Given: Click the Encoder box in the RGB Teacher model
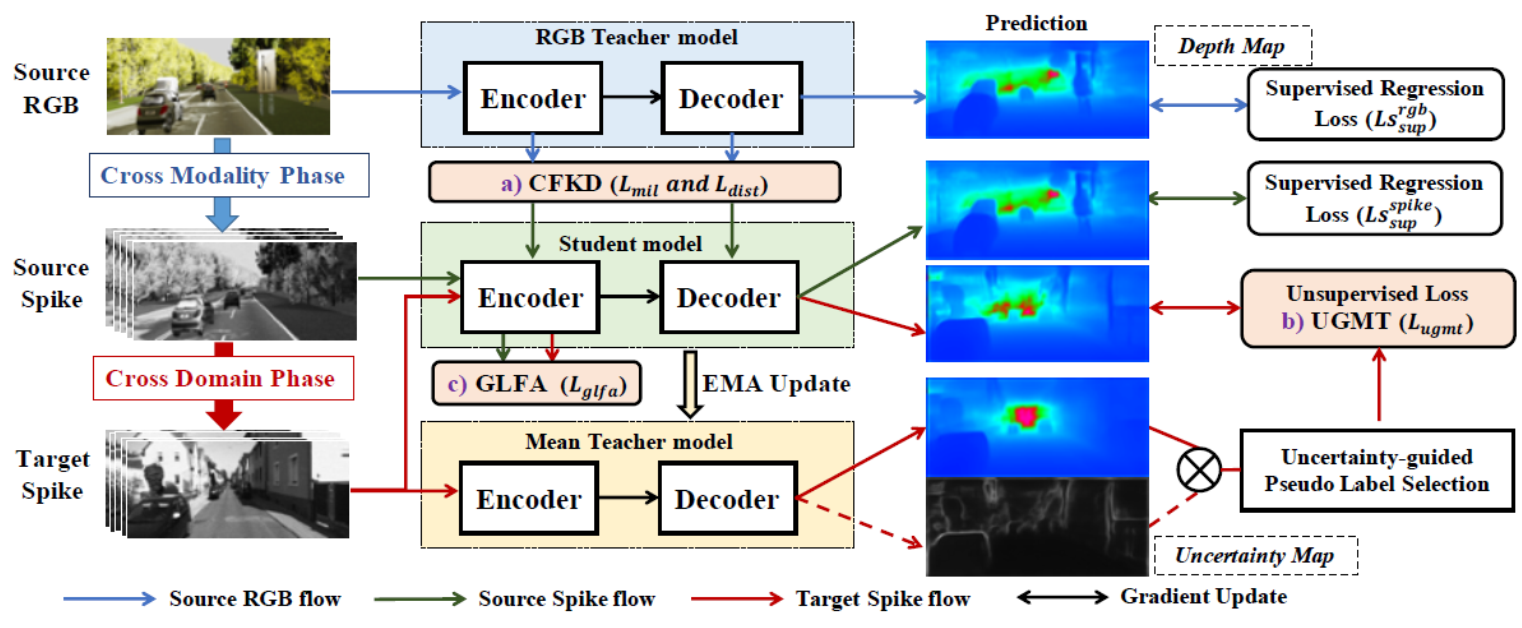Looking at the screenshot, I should coord(533,98).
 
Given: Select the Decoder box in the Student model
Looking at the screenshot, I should coord(729,297).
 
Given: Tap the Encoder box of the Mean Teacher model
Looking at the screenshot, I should coord(529,498).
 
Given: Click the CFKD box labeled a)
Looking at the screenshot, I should coord(634,183).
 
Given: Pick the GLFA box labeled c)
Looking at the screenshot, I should coord(536,384).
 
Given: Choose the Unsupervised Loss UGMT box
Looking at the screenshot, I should coord(1377,308).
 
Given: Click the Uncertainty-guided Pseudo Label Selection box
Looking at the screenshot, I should coord(1377,470).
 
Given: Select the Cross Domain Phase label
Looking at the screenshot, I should coord(223,378).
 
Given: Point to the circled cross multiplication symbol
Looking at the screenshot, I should coord(1199,470).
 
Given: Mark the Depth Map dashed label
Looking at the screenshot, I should coord(1232,46).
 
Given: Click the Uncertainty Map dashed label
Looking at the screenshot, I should coord(1255,555).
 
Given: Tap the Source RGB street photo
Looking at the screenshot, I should coord(218,86).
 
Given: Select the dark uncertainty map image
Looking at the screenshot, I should coord(1037,527).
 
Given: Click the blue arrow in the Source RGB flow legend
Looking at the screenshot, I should coord(109,598).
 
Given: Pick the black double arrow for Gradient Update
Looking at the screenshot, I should coord(1062,597).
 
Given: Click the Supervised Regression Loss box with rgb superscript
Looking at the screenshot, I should coord(1375,104).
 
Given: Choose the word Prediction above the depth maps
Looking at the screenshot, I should coord(1036,23).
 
